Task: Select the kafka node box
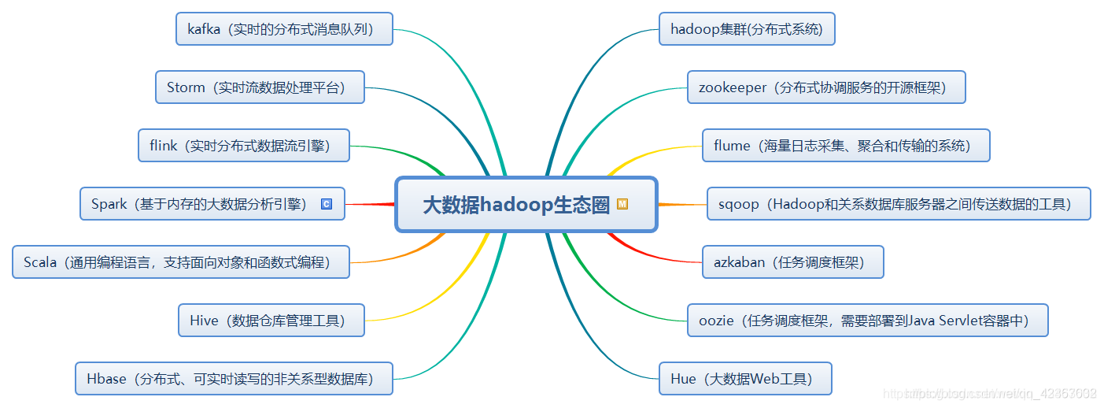pyautogui.click(x=284, y=29)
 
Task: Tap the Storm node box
pyautogui.click(x=260, y=87)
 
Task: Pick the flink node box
pyautogui.click(x=243, y=146)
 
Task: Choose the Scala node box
pyautogui.click(x=180, y=262)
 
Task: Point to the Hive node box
pyautogui.click(x=271, y=321)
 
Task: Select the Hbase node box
pyautogui.click(x=234, y=379)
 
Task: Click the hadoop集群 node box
pyautogui.click(x=746, y=29)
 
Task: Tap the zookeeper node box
pyautogui.click(x=825, y=87)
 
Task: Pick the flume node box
pyautogui.click(x=845, y=146)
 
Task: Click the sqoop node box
pyautogui.click(x=898, y=204)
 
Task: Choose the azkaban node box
pyautogui.click(x=792, y=262)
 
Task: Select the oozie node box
pyautogui.click(x=867, y=321)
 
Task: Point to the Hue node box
pyautogui.click(x=744, y=379)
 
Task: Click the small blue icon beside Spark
pyautogui.click(x=327, y=204)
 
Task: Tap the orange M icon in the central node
pyautogui.click(x=622, y=204)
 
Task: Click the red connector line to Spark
pyautogui.click(x=370, y=204)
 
